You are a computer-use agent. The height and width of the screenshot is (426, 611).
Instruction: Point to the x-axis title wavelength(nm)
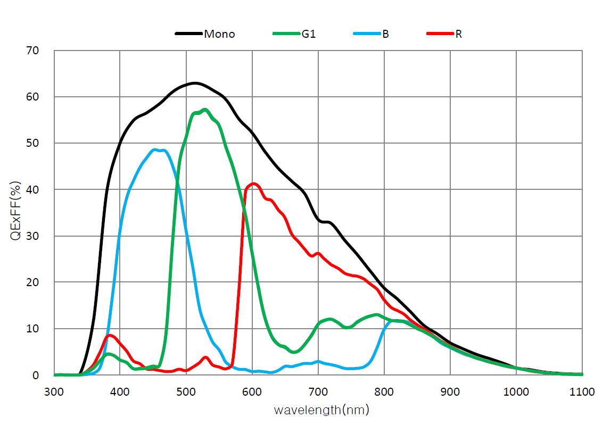[x=321, y=410]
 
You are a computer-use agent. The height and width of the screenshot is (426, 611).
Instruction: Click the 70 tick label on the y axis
[x=33, y=51]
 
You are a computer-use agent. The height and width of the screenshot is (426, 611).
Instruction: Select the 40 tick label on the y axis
[x=33, y=190]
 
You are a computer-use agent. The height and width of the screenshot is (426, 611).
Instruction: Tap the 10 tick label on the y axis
[x=33, y=329]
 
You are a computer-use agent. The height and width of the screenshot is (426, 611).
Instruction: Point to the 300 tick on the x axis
[x=54, y=392]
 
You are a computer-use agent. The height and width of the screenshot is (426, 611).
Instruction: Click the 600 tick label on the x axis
[x=252, y=392]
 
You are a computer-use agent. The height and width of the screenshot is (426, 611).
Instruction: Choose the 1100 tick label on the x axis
[x=582, y=392]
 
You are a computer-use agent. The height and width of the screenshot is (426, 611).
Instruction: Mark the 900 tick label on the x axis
[x=450, y=392]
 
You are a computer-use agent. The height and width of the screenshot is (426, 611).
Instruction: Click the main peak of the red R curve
[x=254, y=183]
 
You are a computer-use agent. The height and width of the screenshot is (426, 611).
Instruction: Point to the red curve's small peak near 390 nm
[x=110, y=335]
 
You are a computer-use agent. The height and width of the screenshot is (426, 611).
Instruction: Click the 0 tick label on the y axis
[x=36, y=375]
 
